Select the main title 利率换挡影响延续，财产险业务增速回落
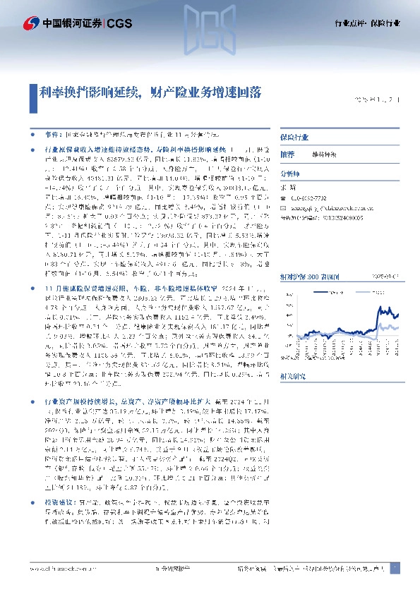point(152,92)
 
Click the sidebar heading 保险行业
point(293,135)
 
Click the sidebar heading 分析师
point(290,174)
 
